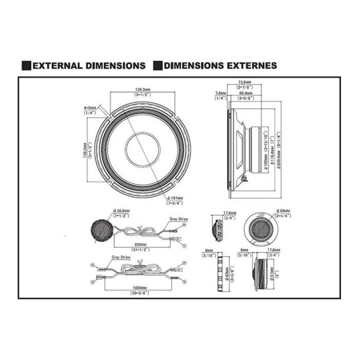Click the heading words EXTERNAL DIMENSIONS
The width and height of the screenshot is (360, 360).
coord(89,66)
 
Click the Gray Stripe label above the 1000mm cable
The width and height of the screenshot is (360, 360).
coord(120,258)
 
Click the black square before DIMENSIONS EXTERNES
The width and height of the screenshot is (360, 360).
coord(158,66)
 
